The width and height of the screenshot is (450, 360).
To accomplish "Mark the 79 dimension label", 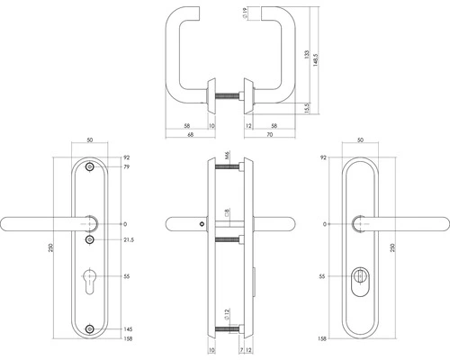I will tap(126, 167).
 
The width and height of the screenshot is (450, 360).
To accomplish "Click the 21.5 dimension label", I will tap(129, 240).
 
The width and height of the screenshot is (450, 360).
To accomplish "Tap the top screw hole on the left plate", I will tap(89, 168).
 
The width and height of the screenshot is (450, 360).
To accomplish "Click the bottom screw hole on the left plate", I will tap(89, 329).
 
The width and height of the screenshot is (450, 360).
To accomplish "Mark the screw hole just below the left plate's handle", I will tap(90, 240).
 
